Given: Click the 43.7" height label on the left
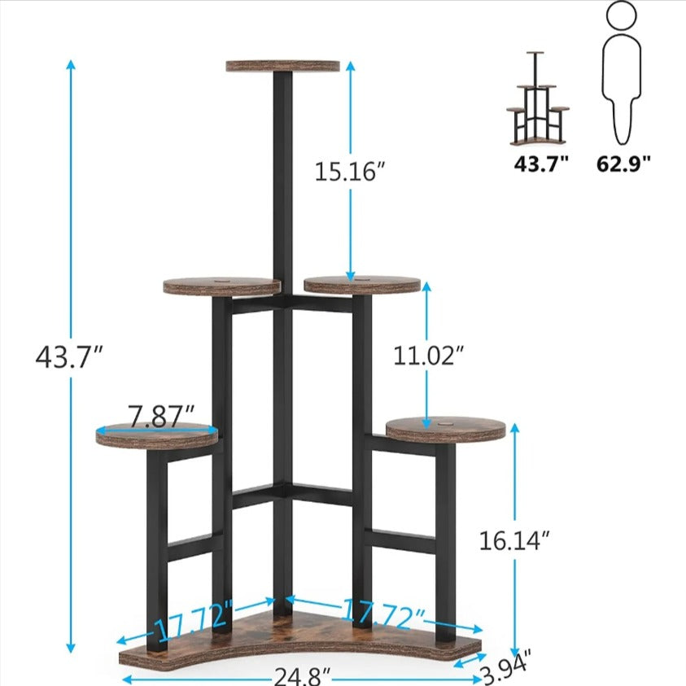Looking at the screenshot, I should (70, 356).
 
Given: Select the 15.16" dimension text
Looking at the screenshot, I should (349, 172).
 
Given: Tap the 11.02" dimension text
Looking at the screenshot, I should (429, 356).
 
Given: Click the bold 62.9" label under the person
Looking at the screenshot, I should (624, 164).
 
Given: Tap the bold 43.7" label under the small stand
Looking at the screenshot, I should (540, 164).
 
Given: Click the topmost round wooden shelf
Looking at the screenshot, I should (282, 65).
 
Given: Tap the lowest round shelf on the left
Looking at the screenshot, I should (158, 436).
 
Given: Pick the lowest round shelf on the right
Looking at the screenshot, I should (445, 429).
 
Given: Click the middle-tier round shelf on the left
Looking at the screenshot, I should (222, 286).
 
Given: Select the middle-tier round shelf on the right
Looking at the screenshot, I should (363, 285).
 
